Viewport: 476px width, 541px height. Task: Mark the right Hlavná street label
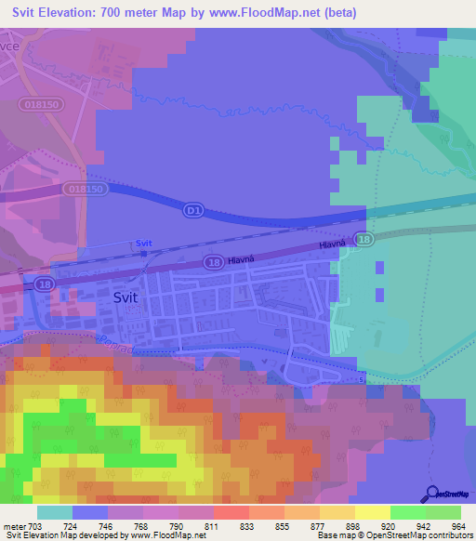point(332,245)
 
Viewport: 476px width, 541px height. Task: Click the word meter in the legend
point(16,526)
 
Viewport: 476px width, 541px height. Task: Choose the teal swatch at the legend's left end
point(54,512)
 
